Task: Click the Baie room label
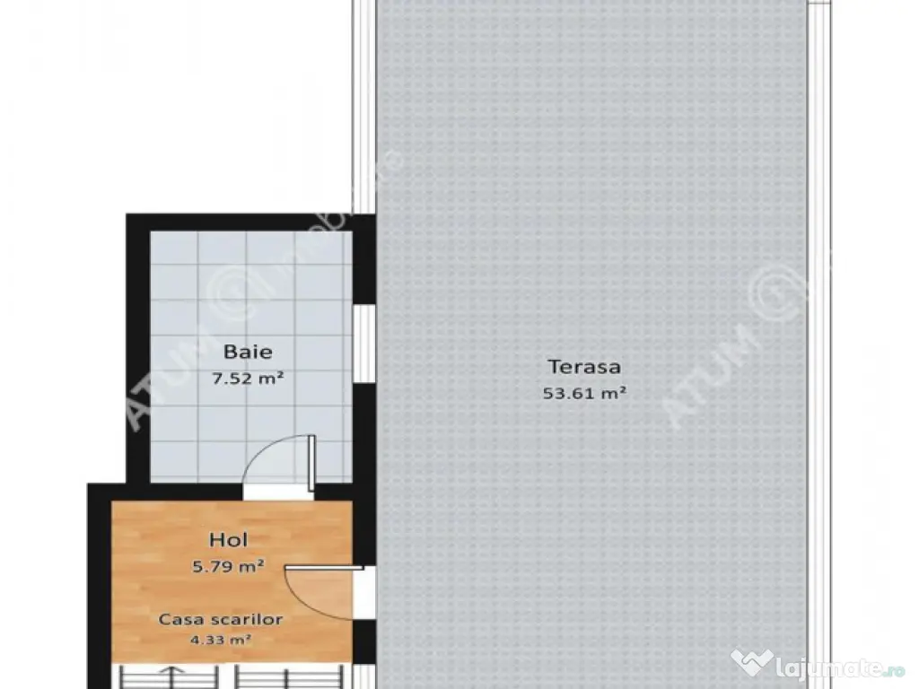pos(247,352)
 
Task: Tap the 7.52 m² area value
pos(247,379)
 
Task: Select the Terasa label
pos(584,366)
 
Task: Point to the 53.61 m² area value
pos(584,392)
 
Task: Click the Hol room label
pos(228,540)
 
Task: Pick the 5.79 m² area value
pos(228,566)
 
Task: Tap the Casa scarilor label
pos(221,620)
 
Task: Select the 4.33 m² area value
pos(221,641)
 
